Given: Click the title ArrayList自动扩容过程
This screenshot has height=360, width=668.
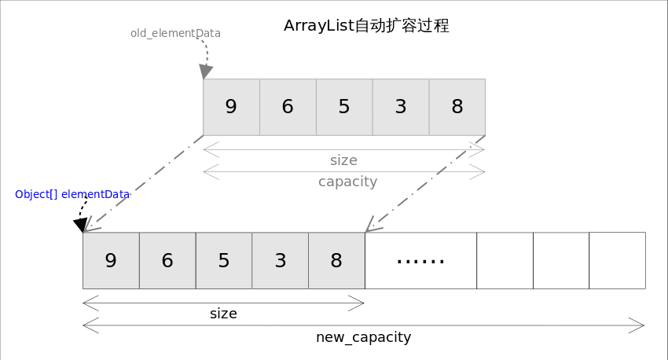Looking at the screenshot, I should coord(366,26).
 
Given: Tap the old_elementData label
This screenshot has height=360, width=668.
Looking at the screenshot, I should coord(175,34).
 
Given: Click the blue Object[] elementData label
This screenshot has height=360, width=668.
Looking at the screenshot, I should coord(72,194).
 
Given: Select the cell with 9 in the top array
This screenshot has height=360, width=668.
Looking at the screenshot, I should coord(231,107).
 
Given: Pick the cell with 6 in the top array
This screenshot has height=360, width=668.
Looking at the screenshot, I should coord(288,107).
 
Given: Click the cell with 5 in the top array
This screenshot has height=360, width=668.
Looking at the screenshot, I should coord(344,107).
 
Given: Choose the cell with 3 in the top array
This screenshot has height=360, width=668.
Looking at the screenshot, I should coord(401,107).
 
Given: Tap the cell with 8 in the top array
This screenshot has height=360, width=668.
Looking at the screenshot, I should coord(457,107).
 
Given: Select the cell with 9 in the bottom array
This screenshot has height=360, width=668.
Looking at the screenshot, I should coord(111,260).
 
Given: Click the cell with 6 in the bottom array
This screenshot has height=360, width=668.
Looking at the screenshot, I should coord(167,260).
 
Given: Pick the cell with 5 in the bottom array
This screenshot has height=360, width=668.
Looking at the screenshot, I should coord(224,260).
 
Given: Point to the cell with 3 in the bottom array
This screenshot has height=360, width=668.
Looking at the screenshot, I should coord(281,260).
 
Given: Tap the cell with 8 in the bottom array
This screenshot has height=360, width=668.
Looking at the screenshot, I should coord(336,260).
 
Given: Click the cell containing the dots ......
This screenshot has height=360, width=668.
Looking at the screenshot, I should coord(420,260).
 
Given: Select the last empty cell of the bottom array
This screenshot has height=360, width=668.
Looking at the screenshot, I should coord(617,260).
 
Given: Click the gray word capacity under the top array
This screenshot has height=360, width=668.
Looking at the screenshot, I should coord(347,182).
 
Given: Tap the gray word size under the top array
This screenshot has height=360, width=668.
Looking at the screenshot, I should coord(343,160).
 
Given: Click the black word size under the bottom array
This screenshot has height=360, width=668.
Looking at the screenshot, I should coord(223,314).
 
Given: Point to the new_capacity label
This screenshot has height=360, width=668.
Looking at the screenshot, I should coord(363,337).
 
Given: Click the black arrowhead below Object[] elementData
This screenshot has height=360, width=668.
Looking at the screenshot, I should coord(79,226).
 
